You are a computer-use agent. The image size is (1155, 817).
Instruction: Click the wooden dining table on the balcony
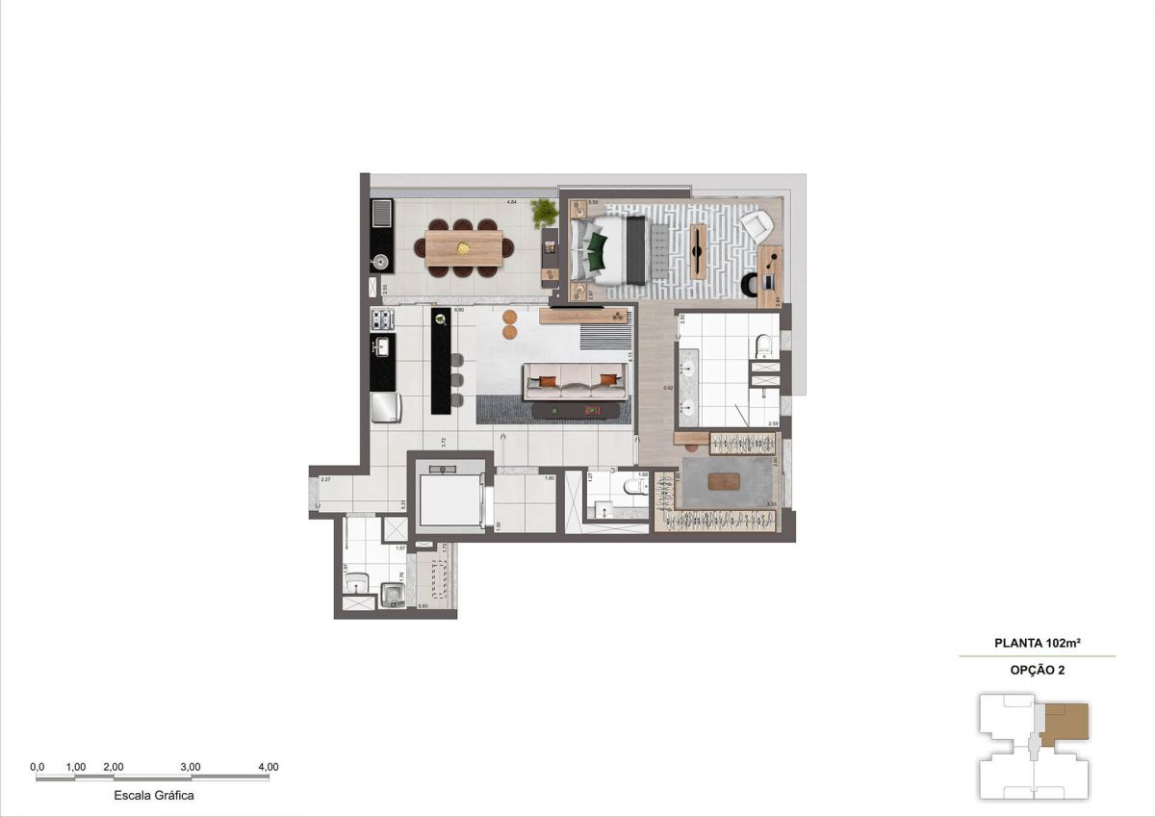click(x=464, y=247)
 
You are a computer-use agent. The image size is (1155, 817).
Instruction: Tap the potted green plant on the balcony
click(x=545, y=212)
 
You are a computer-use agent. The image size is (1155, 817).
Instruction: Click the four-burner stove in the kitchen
click(x=381, y=319)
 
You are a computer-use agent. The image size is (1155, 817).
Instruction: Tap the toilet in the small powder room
click(x=636, y=487)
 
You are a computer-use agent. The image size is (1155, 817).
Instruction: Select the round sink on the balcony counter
click(x=379, y=259)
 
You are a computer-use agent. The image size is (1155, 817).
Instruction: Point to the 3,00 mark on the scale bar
click(x=191, y=767)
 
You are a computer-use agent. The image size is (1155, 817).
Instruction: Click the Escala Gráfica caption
click(x=154, y=796)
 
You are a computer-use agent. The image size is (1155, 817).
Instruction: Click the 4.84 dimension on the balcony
click(x=513, y=201)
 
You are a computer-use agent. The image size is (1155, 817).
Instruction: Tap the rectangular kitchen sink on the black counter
click(x=381, y=347)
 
